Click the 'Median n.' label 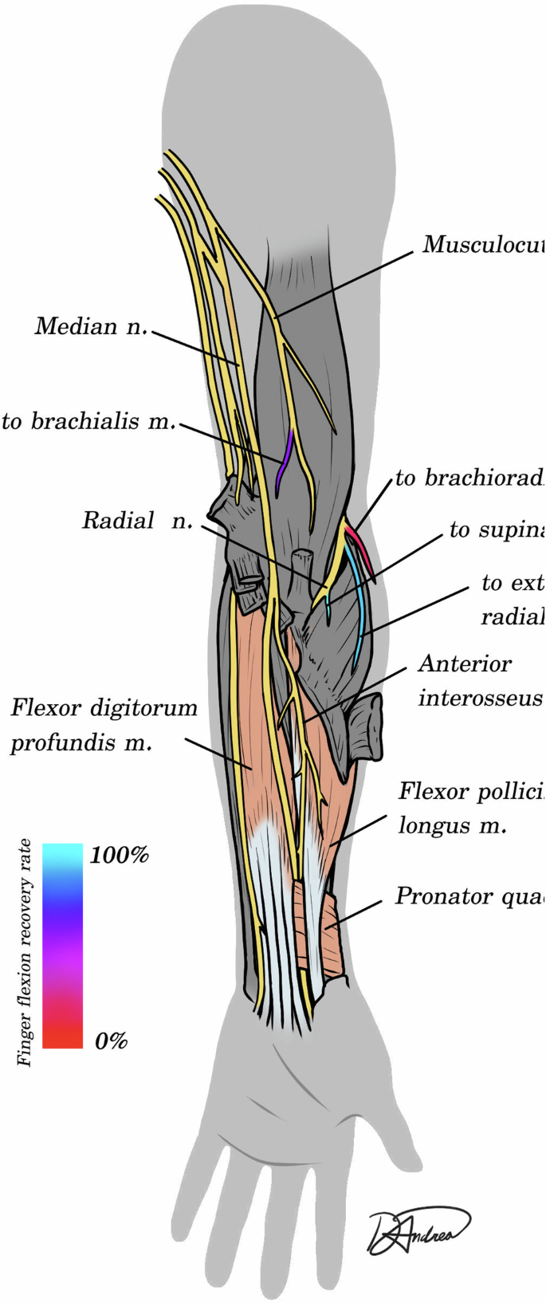pos(91,327)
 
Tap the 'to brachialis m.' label pos(88,422)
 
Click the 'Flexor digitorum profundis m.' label pos(104,725)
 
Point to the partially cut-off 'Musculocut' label pos(483,244)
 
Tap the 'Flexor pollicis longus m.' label pos(470,809)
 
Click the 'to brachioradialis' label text pos(469,478)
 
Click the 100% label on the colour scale pos(120,856)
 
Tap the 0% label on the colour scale pos(111,1041)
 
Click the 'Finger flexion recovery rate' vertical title pos(26,952)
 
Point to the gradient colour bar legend pos(62,945)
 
